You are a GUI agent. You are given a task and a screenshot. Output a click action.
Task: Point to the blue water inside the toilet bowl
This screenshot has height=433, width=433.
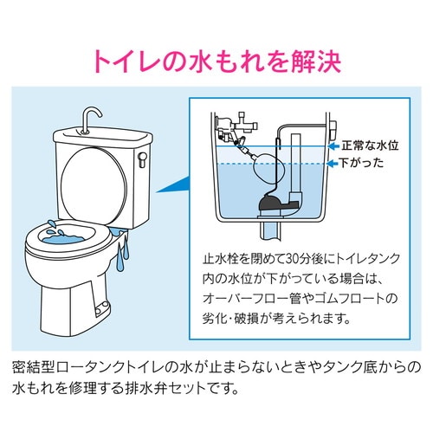click(70, 234)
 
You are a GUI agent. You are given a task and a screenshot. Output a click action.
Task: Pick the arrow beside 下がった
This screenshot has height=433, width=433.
click(333, 163)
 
